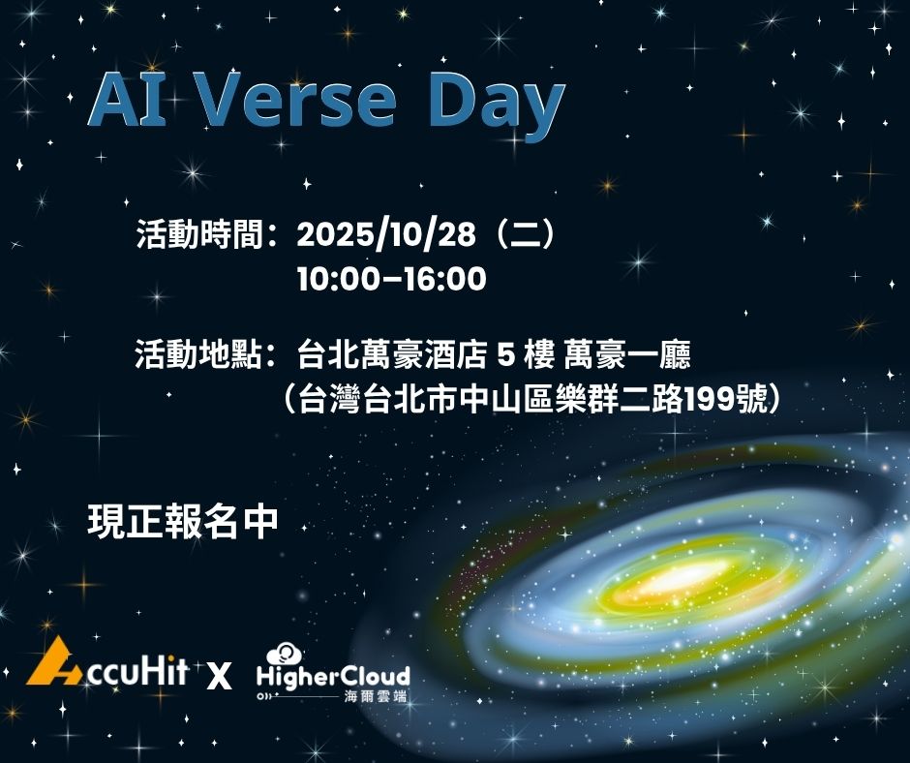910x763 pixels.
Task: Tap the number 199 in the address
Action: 708,400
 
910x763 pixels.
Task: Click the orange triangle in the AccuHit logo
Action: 53,663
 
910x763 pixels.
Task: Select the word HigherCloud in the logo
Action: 333,675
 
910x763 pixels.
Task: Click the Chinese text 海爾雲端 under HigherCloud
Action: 374,696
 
